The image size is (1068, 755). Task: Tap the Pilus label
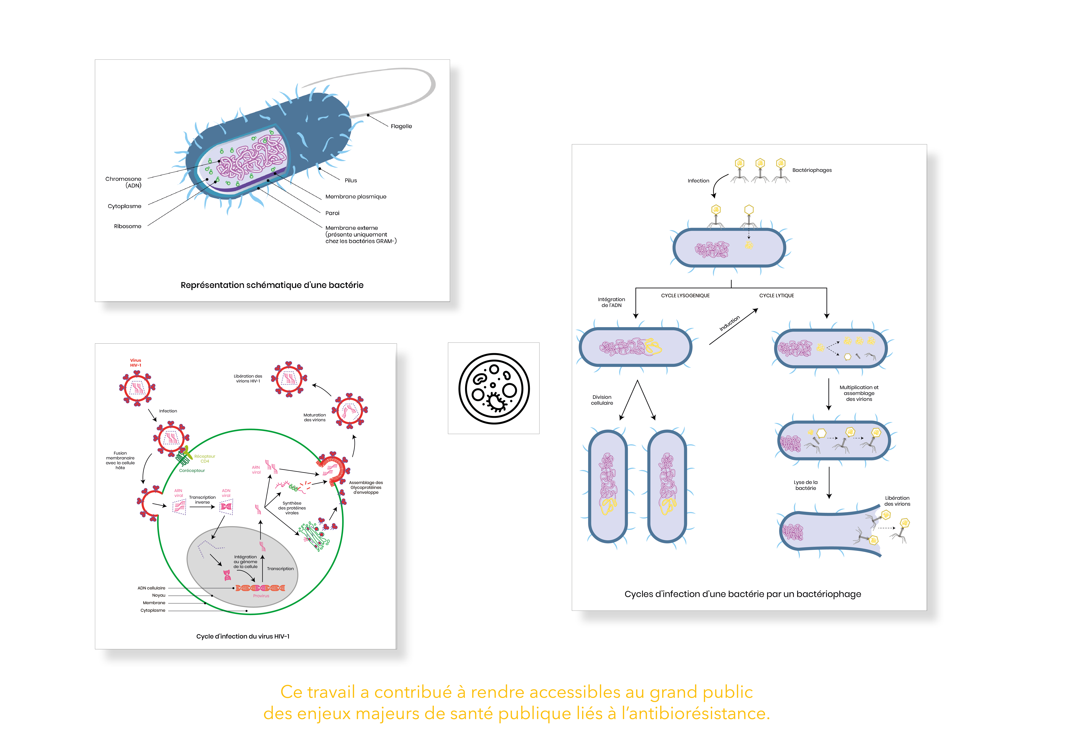tap(351, 180)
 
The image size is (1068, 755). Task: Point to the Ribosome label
tap(127, 227)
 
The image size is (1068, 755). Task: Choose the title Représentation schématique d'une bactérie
tap(272, 285)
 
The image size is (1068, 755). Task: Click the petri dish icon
tap(494, 388)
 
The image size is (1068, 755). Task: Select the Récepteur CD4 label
tap(205, 459)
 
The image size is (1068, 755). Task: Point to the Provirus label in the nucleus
tap(261, 596)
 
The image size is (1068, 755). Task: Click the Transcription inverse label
tap(202, 500)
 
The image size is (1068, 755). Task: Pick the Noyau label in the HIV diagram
tap(159, 596)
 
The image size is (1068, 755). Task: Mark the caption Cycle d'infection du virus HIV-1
tap(243, 636)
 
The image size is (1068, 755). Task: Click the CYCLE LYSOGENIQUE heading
tap(685, 296)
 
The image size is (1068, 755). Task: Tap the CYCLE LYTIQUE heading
tap(776, 296)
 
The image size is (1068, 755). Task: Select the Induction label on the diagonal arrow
tap(729, 324)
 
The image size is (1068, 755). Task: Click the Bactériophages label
tap(812, 170)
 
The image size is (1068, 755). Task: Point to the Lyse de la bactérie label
tap(806, 485)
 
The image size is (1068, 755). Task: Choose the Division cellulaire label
tap(602, 400)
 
